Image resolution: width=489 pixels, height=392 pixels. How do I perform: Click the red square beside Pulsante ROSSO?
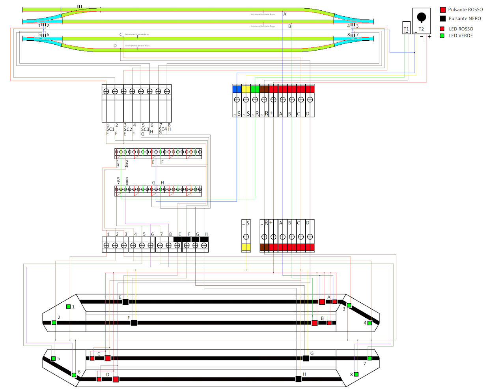click(442, 9)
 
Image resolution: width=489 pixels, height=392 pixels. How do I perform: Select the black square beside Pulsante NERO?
click(442, 19)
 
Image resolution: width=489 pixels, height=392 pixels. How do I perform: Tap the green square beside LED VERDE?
click(442, 36)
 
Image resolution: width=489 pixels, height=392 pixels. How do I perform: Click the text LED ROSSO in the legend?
click(461, 29)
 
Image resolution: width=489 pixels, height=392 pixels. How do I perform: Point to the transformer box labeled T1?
click(406, 28)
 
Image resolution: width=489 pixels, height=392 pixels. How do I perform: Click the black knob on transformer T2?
click(422, 17)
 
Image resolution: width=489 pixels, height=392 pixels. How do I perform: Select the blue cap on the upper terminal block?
click(237, 89)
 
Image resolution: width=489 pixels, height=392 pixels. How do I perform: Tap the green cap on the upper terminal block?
click(255, 89)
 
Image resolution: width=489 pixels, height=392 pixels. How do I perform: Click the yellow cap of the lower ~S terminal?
click(246, 247)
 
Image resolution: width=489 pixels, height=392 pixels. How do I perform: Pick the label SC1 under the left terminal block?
click(110, 129)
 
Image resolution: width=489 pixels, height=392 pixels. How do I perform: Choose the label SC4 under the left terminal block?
click(162, 129)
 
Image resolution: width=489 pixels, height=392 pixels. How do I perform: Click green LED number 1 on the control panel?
click(68, 307)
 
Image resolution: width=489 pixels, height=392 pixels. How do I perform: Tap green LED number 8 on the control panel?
click(356, 374)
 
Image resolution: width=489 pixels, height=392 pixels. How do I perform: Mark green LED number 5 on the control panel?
click(53, 358)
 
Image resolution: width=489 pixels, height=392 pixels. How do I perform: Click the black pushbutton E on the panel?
click(125, 302)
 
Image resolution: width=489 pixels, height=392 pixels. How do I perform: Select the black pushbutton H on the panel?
click(299, 379)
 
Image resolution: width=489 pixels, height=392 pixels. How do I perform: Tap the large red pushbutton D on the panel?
click(116, 379)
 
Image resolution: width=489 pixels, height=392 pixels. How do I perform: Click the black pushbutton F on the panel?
click(134, 323)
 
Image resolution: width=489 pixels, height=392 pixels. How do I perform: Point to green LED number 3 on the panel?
click(349, 305)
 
